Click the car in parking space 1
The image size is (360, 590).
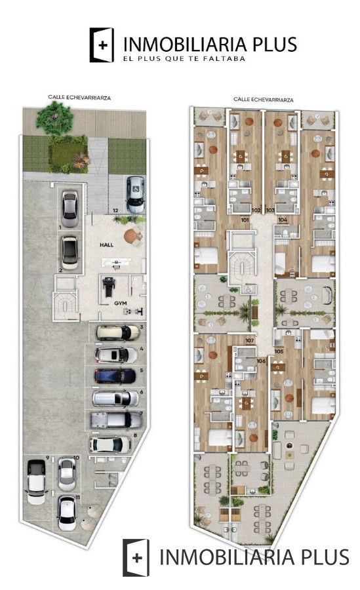pos(70,207)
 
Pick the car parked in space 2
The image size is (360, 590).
pos(70,252)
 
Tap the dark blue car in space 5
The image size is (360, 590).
pos(115,376)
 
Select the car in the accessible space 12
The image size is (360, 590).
pos(135,194)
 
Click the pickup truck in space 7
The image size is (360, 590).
pos(115,420)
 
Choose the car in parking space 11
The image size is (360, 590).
pos(67,513)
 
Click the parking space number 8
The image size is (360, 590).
pos(134,435)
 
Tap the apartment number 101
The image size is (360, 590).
pos(244,220)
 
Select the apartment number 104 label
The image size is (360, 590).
pos(283,220)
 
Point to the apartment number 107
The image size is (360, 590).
pos(249,341)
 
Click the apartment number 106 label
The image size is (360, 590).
pos(261,361)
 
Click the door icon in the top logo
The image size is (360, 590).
pos(102,45)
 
